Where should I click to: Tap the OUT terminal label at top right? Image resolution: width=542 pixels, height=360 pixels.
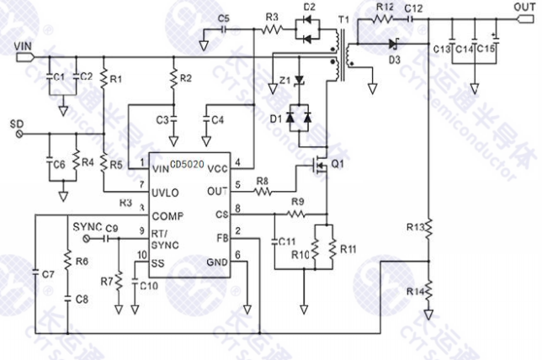(x=521, y=6)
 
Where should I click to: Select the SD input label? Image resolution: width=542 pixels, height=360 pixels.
(x=16, y=123)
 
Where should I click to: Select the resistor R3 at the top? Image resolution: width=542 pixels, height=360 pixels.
(x=271, y=29)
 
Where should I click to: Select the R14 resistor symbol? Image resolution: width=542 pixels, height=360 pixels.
(x=428, y=290)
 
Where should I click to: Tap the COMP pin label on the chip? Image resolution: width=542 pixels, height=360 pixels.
(x=169, y=216)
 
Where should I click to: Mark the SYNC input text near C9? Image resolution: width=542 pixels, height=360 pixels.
(x=87, y=228)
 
